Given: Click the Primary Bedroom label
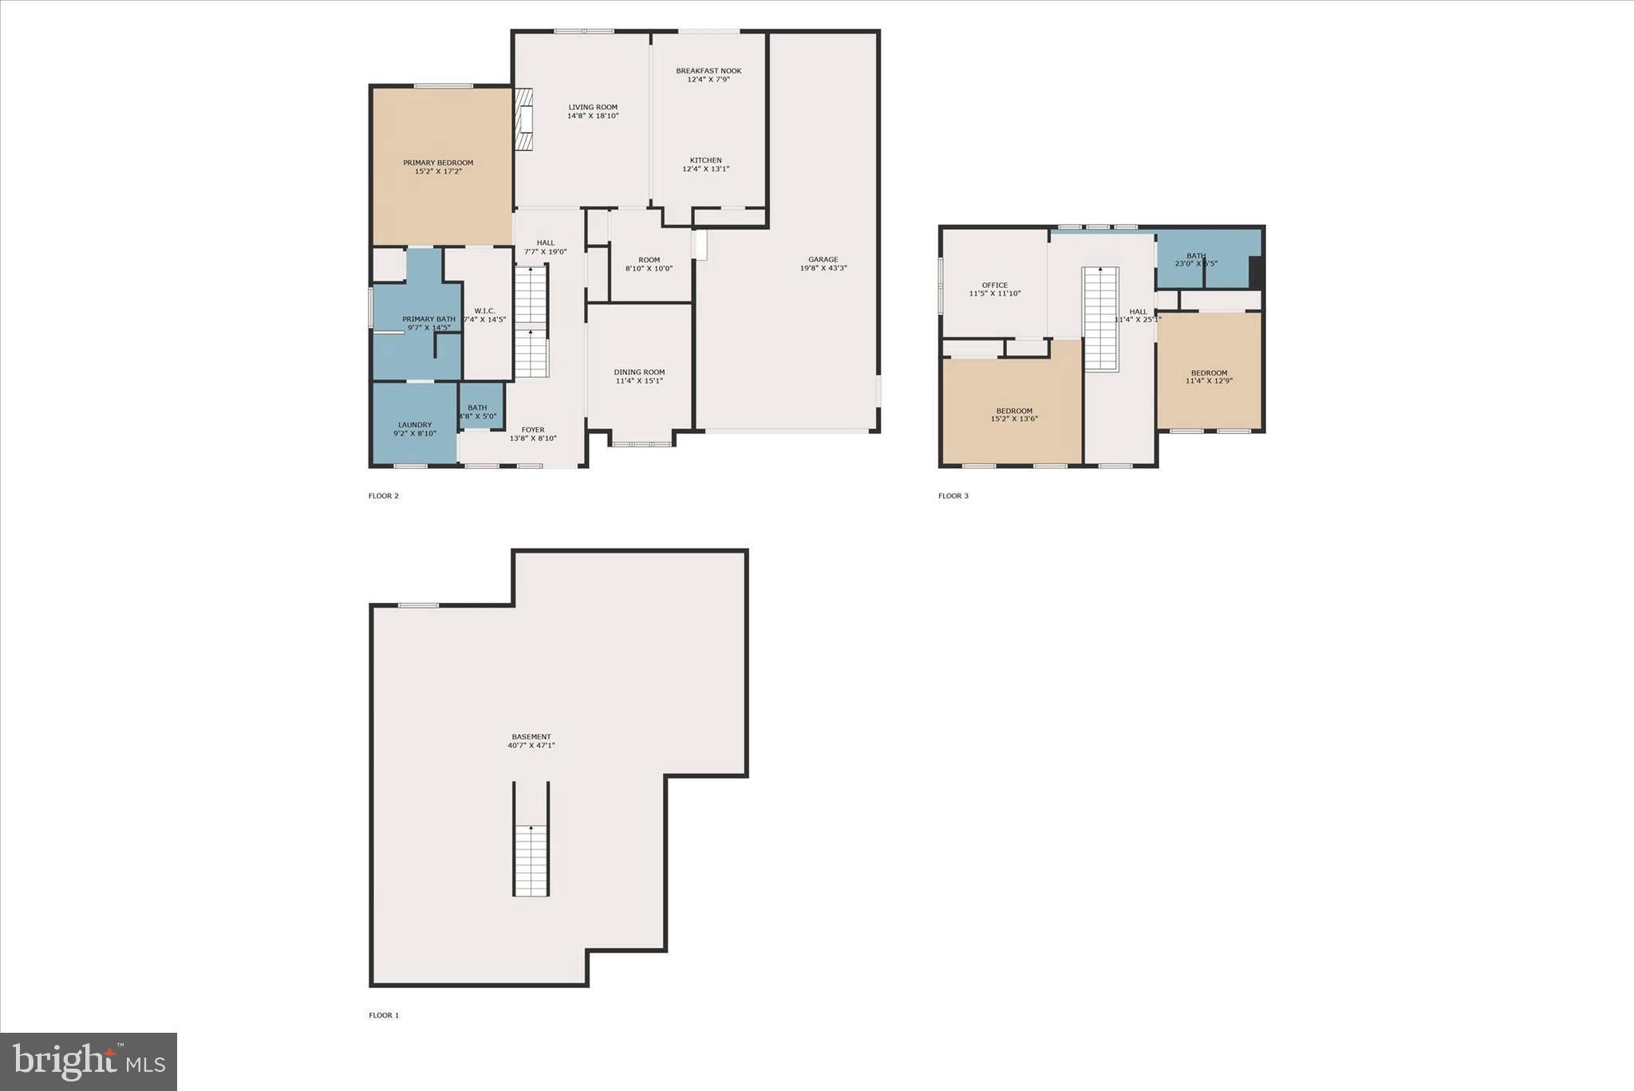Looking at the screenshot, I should [x=438, y=163].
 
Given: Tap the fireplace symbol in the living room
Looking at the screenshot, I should [x=523, y=120].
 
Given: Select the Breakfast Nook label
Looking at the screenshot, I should [x=708, y=71].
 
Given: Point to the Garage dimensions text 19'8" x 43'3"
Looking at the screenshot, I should [x=823, y=269].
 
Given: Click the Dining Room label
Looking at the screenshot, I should [x=639, y=372].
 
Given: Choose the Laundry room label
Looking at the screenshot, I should [x=415, y=425].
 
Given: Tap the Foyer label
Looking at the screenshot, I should [x=533, y=430].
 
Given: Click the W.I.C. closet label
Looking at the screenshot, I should [x=485, y=311].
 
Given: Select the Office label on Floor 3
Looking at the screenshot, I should [x=995, y=286].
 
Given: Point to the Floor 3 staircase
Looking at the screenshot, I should [x=1100, y=318].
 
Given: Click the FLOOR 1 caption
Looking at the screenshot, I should [x=384, y=1015].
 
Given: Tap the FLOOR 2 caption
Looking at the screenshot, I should [x=384, y=496].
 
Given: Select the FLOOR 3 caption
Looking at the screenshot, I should [x=953, y=496].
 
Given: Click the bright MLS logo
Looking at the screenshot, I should [x=89, y=1061].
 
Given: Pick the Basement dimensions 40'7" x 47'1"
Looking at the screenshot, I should [x=531, y=746].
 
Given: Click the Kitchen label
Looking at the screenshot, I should [x=706, y=160].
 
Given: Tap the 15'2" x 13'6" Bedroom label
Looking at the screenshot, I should [x=1014, y=412].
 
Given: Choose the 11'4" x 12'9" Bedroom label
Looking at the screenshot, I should [x=1210, y=373].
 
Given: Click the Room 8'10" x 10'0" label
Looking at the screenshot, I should [x=649, y=260].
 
